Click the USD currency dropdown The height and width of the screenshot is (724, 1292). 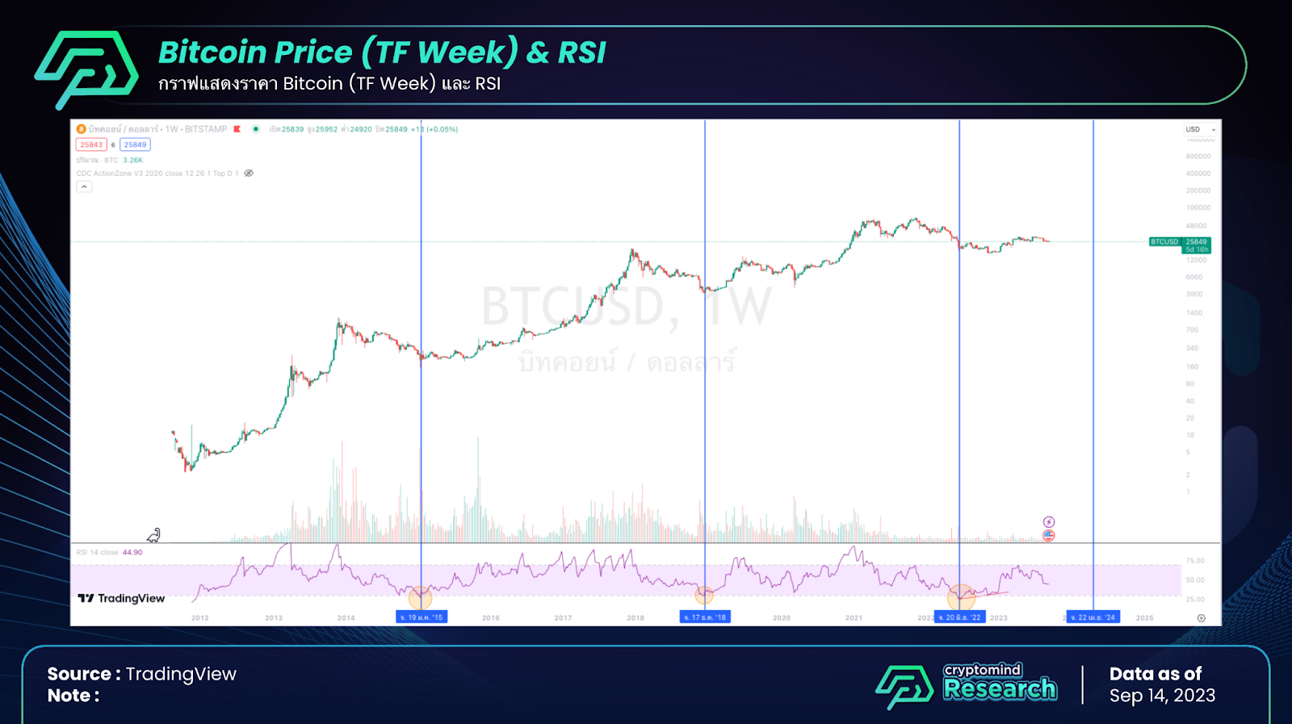click(1200, 129)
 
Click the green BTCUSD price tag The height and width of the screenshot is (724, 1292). click(1180, 245)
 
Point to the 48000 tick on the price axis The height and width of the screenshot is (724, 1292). click(1196, 226)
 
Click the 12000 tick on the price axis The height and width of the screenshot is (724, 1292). click(1196, 260)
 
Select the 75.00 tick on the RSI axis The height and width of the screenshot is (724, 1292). click(1195, 560)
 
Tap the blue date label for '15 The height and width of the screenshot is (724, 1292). click(422, 617)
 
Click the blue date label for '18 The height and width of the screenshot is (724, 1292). click(705, 617)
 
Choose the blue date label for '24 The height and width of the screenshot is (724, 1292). click(1093, 617)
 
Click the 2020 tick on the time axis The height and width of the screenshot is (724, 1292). click(782, 618)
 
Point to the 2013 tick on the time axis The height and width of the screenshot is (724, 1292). click(274, 618)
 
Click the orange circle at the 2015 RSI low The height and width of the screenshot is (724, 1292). click(421, 597)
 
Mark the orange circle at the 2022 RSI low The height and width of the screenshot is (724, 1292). click(961, 596)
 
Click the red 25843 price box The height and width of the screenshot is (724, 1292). click(91, 145)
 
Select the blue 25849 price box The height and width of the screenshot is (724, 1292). click(135, 145)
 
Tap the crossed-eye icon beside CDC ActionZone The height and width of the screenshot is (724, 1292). click(249, 174)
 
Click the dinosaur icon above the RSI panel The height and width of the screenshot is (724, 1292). click(153, 535)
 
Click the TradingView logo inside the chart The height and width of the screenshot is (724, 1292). click(121, 598)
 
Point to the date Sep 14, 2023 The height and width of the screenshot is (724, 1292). click(1162, 696)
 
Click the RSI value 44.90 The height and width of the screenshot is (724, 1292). click(132, 553)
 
